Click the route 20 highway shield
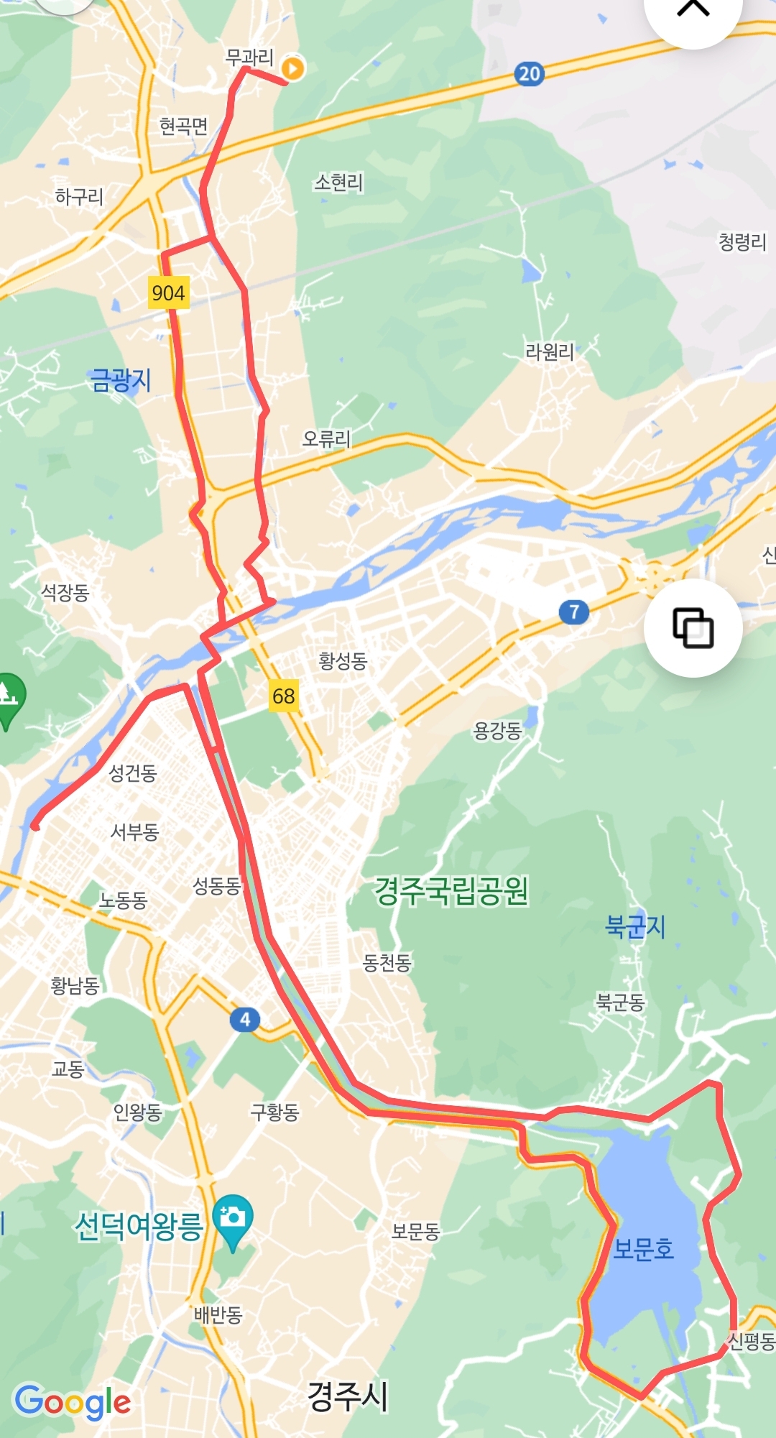pyautogui.click(x=529, y=73)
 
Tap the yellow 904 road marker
pyautogui.click(x=168, y=292)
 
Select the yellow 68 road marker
pyautogui.click(x=283, y=696)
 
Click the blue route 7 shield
pyautogui.click(x=573, y=612)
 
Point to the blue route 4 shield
pyautogui.click(x=245, y=1019)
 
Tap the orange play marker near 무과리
pyautogui.click(x=293, y=68)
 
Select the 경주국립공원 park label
pyautogui.click(x=451, y=891)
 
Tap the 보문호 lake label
pyautogui.click(x=643, y=1249)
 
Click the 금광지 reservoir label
pyautogui.click(x=121, y=379)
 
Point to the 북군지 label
pyautogui.click(x=635, y=926)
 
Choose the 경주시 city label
pyautogui.click(x=348, y=1396)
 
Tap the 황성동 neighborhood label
pyautogui.click(x=343, y=660)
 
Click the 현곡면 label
pyautogui.click(x=183, y=126)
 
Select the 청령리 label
pyautogui.click(x=742, y=241)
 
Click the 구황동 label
pyautogui.click(x=274, y=1112)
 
